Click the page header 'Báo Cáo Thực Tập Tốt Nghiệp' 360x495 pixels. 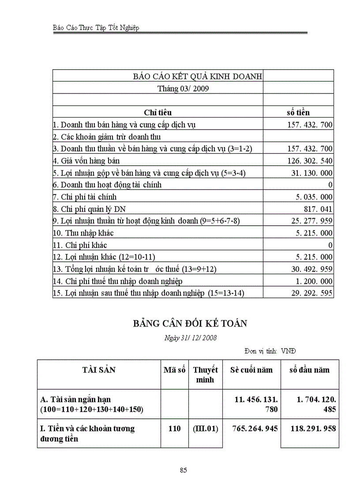point(96,28)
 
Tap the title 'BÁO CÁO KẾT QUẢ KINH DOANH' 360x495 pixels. point(198,76)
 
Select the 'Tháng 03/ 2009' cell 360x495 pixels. point(183,88)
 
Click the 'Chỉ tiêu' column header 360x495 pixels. point(157,112)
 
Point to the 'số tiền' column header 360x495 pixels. point(298,112)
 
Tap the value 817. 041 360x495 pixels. point(318,209)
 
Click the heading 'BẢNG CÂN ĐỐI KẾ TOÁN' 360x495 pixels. point(190,324)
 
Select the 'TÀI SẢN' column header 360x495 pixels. point(99,370)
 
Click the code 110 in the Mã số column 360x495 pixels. point(175,428)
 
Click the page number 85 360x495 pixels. point(184,470)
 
